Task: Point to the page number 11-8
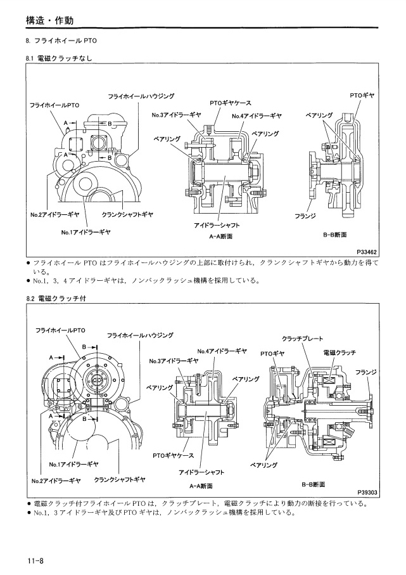[x=35, y=560]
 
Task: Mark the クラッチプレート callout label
[x=302, y=339]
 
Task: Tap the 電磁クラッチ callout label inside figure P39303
[x=339, y=352]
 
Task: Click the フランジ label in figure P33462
[x=301, y=214]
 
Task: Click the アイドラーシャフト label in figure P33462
[x=217, y=225]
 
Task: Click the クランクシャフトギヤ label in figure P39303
[x=120, y=479]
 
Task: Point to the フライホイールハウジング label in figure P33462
[x=141, y=96]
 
